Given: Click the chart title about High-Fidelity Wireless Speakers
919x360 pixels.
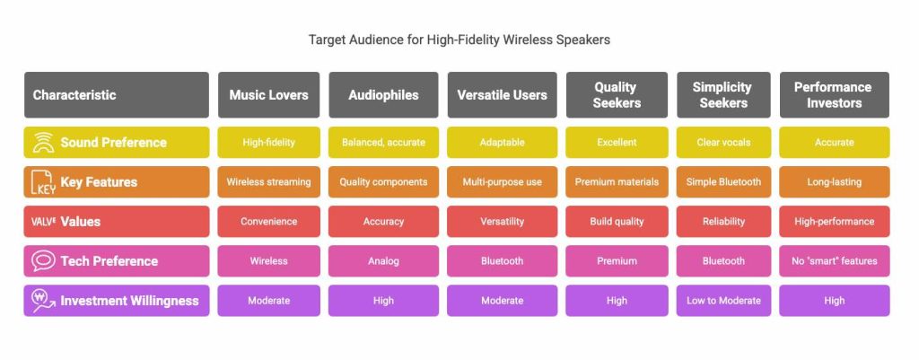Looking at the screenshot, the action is [459, 40].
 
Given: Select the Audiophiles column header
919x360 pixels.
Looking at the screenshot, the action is [383, 95].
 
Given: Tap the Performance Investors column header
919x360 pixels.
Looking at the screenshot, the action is [834, 95].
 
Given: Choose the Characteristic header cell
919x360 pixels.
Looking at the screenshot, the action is [116, 95].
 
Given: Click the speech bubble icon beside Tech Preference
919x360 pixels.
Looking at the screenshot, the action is [43, 261].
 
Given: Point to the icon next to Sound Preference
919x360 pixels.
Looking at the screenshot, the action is [43, 143].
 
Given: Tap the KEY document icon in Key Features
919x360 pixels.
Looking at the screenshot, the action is [42, 182].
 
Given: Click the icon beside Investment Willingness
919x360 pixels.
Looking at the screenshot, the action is [43, 301].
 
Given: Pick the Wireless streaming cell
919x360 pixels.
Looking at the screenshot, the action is [268, 181].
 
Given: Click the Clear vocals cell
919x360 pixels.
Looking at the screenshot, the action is [723, 143].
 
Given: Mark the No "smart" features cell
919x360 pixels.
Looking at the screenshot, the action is [834, 261].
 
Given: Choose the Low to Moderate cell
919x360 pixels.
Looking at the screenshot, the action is [723, 301].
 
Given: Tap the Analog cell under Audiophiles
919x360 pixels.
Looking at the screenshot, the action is [383, 261].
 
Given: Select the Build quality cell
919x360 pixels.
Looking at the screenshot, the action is [617, 222].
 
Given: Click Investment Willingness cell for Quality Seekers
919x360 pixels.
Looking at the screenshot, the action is [617, 301].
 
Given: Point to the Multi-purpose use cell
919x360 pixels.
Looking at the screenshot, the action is [502, 181].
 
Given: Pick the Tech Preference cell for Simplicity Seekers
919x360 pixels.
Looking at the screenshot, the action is [723, 261].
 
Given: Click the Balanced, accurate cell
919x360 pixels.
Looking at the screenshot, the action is [383, 143].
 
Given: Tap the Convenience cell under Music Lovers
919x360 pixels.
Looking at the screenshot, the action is [268, 222].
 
